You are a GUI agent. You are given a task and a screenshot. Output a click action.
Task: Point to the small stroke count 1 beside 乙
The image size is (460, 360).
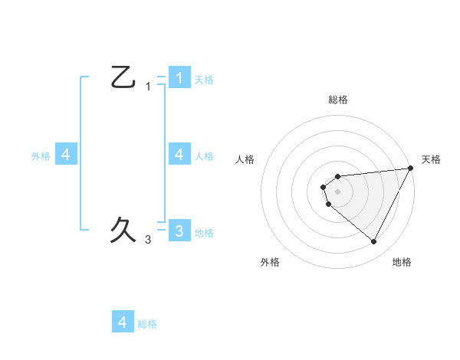pos(148,87)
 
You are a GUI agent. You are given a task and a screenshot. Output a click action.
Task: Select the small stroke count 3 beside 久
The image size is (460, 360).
pos(148,240)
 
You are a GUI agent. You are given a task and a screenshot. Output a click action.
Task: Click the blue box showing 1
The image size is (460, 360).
pos(179,77)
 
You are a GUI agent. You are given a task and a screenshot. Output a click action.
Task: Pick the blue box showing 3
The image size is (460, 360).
pos(179,231)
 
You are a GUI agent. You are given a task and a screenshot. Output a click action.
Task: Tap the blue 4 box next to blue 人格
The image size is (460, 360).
pos(179,155)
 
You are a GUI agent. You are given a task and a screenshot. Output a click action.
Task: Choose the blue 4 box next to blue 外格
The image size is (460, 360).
pos(66,155)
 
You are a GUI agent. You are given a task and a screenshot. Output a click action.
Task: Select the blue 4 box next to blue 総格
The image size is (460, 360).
pos(123,322)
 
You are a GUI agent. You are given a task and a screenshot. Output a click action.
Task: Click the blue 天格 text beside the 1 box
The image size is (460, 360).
pos(204,79)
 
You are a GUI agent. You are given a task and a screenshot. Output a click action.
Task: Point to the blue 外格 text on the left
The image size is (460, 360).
pos(41,156)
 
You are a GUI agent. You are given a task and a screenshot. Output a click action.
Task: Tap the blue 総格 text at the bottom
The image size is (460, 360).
pos(147,324)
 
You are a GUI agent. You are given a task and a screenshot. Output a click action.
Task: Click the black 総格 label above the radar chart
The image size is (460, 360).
pos(338,100)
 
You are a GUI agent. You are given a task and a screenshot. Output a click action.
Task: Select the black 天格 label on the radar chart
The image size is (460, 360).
pos(431,159)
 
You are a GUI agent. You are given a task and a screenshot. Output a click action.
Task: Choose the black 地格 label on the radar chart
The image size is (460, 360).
pos(402,262)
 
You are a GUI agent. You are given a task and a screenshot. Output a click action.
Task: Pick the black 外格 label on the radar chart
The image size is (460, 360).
pos(270,262)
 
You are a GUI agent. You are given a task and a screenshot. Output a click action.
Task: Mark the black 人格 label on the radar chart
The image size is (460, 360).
pos(245,159)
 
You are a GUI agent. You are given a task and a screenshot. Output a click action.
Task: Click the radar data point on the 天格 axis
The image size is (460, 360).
pos(411,168)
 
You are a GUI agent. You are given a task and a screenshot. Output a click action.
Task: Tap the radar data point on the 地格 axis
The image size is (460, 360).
pos(374,241)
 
